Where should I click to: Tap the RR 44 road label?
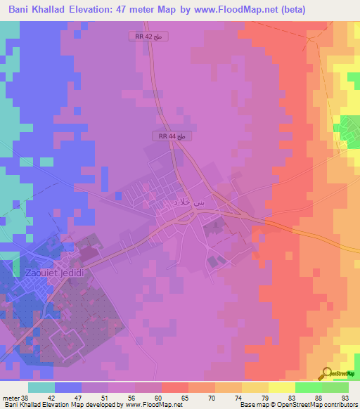click(172, 136)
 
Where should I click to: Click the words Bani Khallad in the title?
click(37, 10)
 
